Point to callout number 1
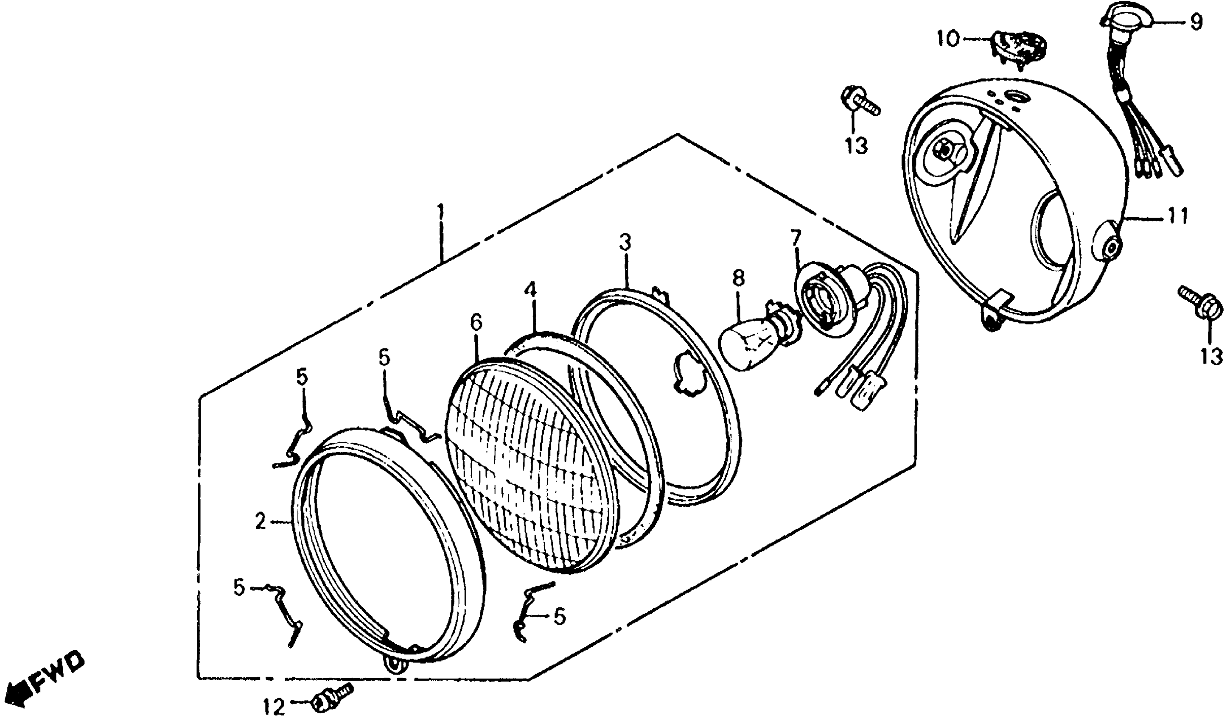click(441, 213)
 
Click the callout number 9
click(1195, 22)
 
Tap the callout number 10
click(948, 39)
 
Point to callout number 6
click(476, 322)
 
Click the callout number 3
click(626, 242)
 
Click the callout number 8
click(739, 279)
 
